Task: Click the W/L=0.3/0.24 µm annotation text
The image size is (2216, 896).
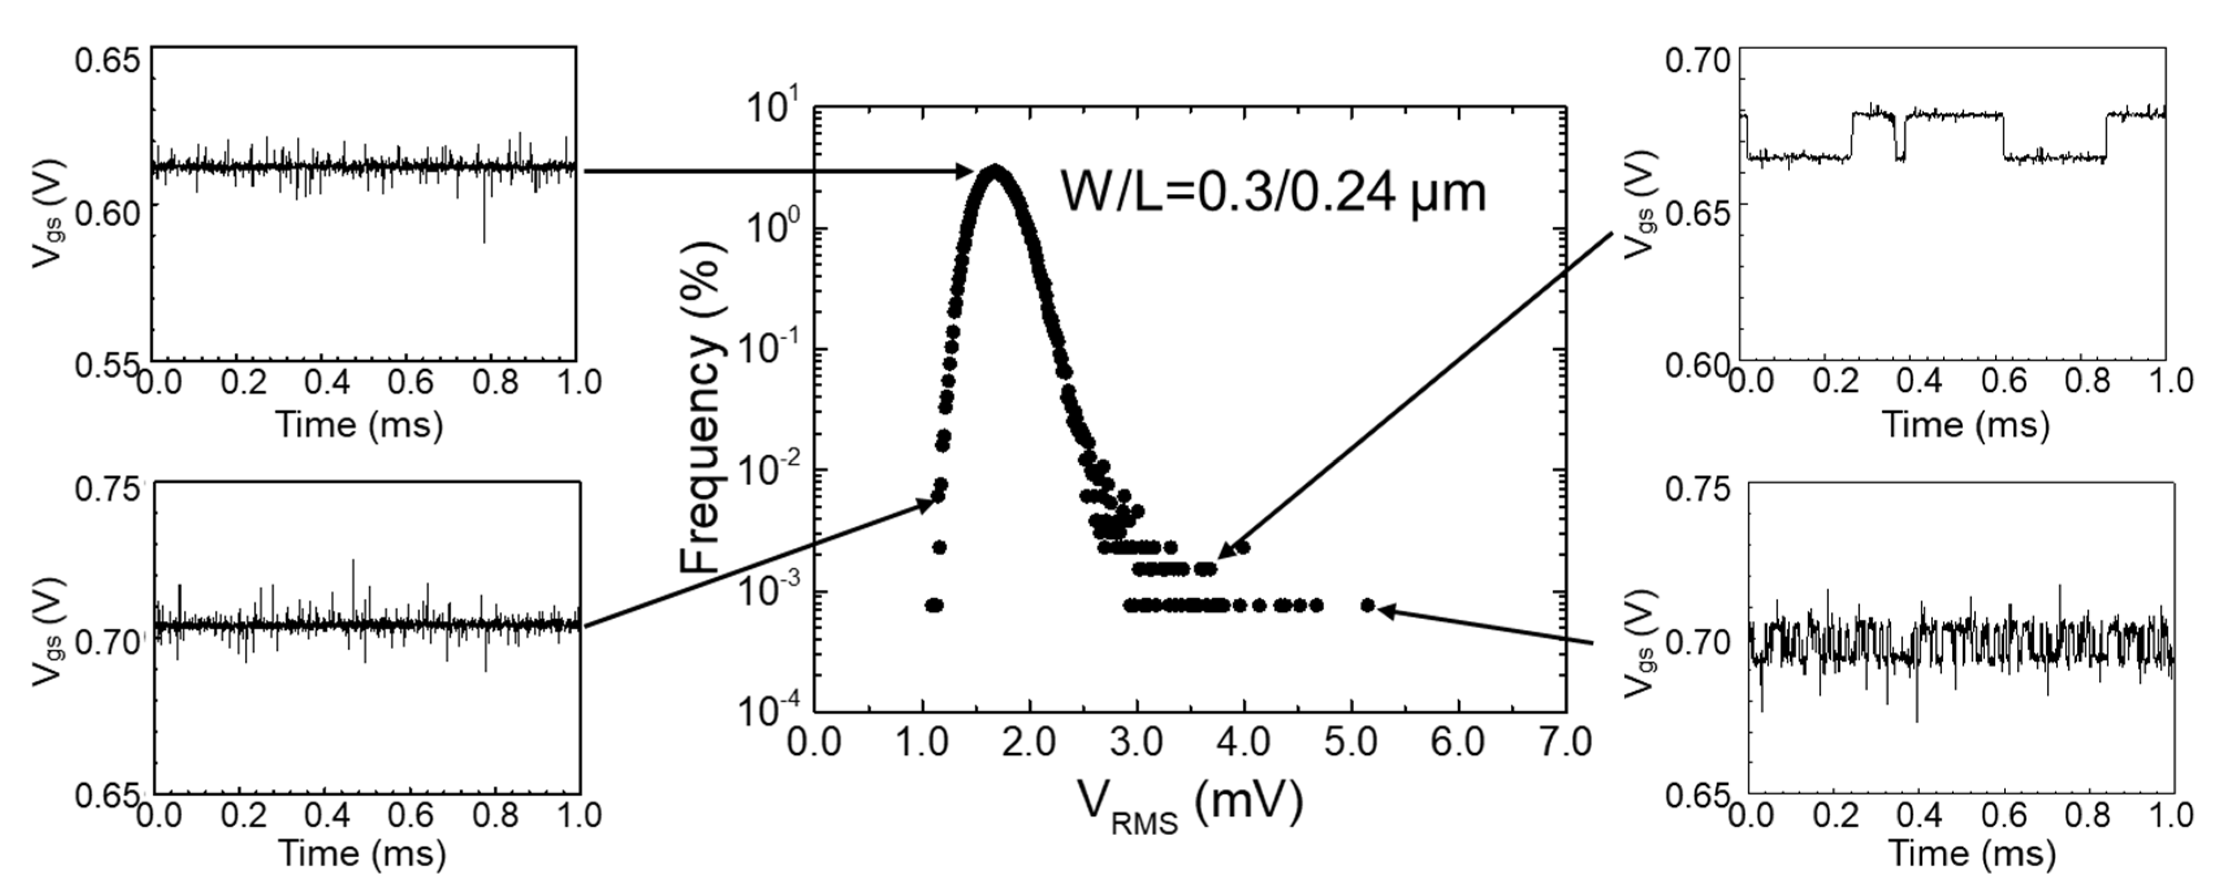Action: [x=1273, y=193]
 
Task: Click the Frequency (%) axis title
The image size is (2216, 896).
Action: [x=701, y=407]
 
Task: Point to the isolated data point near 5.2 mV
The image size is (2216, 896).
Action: [x=1368, y=605]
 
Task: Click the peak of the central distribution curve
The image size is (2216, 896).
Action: [x=994, y=171]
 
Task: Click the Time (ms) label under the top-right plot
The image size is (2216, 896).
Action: [x=1966, y=425]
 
